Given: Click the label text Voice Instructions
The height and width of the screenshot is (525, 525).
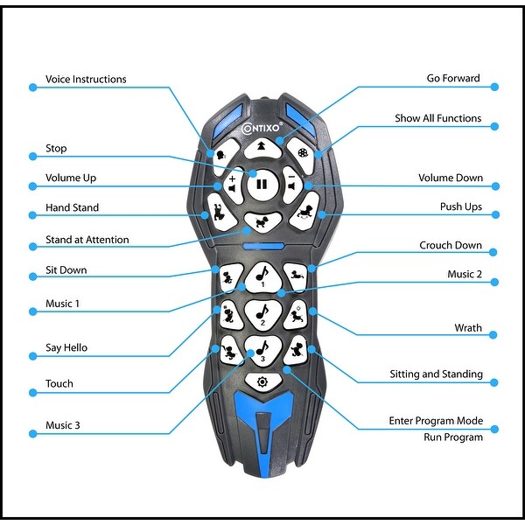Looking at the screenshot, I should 86,80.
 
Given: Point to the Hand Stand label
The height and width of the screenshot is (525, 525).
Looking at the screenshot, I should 72,208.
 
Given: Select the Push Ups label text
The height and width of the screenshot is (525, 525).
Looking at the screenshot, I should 460,207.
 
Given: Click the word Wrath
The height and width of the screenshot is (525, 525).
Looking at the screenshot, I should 467,328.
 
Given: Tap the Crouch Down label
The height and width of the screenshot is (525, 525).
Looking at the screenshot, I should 451,246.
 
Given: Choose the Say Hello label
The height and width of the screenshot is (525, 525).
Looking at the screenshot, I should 66,347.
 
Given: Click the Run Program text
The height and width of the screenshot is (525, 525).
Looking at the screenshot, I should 452,437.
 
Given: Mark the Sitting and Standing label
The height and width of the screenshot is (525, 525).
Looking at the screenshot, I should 436,374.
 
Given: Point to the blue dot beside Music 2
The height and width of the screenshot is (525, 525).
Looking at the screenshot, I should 495,282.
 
